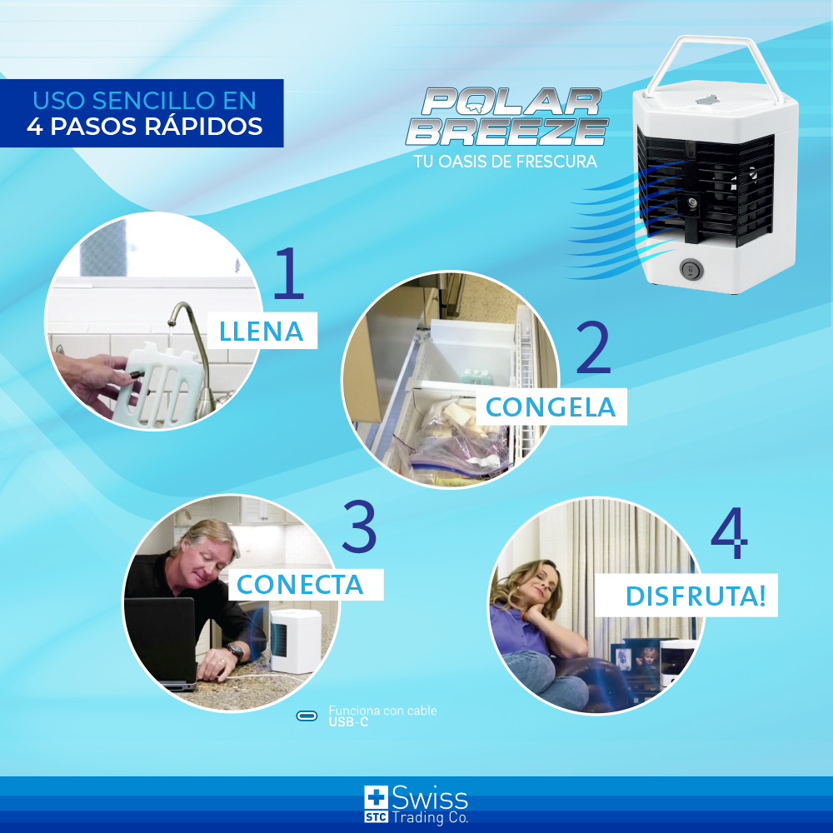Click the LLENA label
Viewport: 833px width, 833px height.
coord(261,332)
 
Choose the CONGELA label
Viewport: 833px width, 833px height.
coord(551,407)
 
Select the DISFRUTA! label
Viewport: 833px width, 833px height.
coord(695,597)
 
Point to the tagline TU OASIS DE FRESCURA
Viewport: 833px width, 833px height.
coord(506,162)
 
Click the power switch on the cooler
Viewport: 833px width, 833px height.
coord(691,269)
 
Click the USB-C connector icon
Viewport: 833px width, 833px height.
coord(307,716)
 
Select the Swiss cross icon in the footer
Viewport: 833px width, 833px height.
coord(376,796)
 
